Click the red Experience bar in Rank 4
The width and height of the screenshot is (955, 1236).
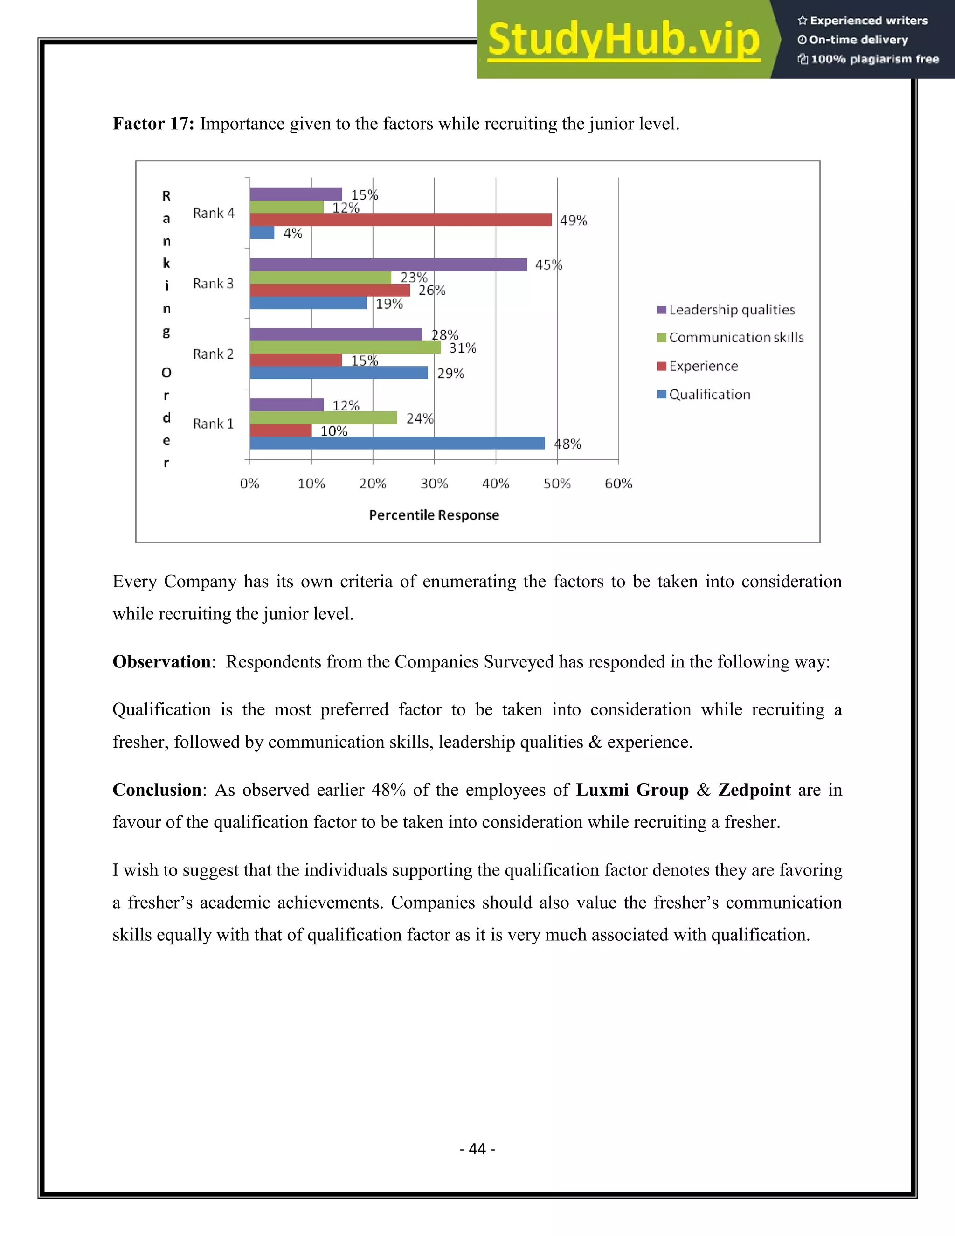tap(401, 220)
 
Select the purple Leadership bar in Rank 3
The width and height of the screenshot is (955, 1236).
tap(388, 264)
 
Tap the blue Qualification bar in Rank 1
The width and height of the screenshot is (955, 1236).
tap(397, 443)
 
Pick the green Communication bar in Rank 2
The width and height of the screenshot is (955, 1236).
tap(345, 347)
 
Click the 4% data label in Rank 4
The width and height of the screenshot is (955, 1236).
tap(293, 233)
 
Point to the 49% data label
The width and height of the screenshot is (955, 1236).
tap(573, 221)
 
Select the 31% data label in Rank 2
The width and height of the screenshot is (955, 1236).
tap(462, 348)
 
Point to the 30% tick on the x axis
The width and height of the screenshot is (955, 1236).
tap(434, 483)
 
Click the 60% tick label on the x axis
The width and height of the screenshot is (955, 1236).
tap(618, 483)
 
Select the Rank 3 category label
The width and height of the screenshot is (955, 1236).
tap(213, 284)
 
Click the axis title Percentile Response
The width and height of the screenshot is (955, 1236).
tap(434, 515)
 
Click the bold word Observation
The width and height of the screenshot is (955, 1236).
tap(162, 661)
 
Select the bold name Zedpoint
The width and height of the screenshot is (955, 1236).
tap(754, 790)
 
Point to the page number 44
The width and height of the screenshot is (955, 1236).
tap(477, 1148)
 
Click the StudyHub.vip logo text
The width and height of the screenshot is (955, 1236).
tap(623, 40)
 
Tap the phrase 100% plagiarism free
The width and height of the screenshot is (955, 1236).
tap(874, 59)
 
